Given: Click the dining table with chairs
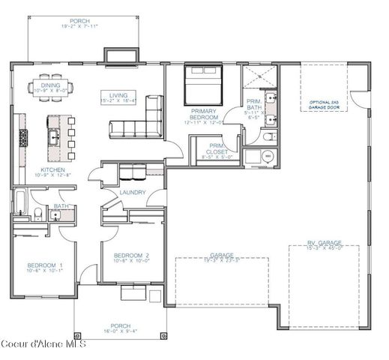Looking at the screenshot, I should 51,85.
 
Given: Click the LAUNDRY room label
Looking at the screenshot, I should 132,193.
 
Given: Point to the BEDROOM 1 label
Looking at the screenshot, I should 45,265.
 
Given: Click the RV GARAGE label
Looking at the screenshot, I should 325,243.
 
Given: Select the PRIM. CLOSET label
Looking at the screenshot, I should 217,148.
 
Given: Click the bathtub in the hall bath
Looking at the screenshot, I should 20,203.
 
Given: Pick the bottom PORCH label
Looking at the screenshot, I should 120,305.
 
